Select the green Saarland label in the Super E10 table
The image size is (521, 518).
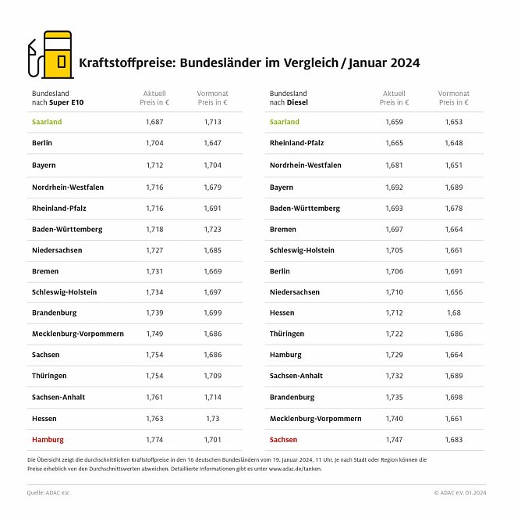click(47, 123)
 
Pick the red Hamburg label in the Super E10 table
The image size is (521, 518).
click(48, 440)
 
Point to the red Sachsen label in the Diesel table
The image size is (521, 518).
click(284, 440)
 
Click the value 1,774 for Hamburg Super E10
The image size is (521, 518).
click(154, 440)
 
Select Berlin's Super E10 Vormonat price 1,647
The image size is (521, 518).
click(212, 144)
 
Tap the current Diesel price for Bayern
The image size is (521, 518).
click(394, 188)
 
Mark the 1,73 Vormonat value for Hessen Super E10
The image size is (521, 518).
click(212, 419)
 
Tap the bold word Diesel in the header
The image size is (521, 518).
click(296, 102)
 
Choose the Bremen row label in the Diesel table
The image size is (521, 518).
click(284, 229)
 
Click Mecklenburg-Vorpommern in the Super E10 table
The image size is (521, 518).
click(78, 334)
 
